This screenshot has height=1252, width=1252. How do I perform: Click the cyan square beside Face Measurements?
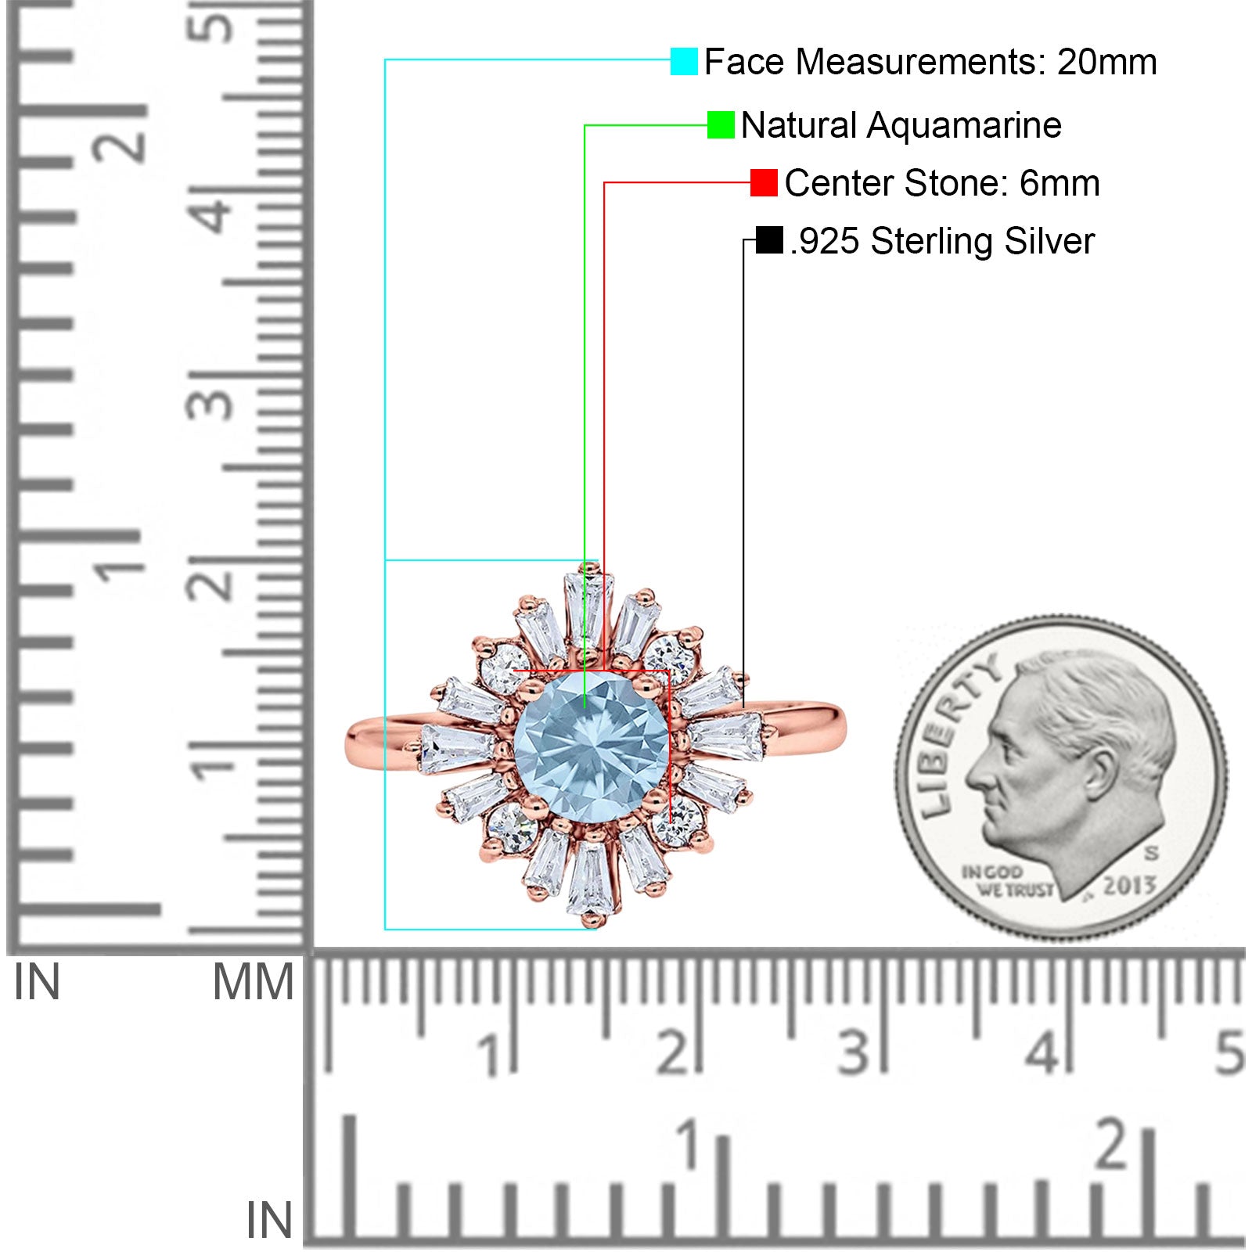[684, 62]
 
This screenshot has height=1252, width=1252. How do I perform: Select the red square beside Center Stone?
[764, 183]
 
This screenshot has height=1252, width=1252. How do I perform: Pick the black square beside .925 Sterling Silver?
[769, 240]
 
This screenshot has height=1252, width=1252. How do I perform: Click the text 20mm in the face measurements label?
[1106, 62]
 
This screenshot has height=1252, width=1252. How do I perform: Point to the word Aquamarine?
[964, 125]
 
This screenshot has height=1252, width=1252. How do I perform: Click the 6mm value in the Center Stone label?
[1060, 183]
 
